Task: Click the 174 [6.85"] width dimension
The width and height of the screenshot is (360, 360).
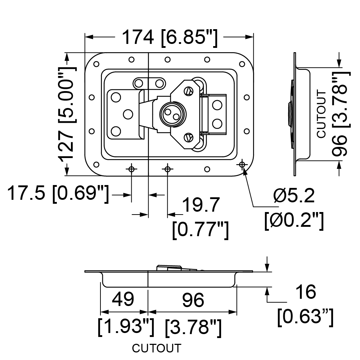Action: [169, 38]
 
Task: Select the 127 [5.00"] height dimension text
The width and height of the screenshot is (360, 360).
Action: [67, 114]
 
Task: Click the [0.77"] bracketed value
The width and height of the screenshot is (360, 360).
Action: [201, 230]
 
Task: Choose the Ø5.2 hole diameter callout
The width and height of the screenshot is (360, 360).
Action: [294, 195]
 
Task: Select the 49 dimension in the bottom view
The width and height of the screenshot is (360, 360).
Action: [123, 299]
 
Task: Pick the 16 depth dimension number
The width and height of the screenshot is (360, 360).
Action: [306, 292]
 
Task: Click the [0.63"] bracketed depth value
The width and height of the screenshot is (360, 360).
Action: [305, 317]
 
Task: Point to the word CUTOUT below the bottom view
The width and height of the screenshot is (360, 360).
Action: [157, 348]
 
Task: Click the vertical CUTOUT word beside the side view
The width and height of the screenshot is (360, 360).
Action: [321, 114]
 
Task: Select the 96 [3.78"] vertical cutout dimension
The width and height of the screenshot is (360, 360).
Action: [341, 114]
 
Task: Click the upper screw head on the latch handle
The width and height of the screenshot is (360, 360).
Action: [188, 91]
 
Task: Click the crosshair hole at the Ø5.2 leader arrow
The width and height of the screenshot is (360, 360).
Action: [242, 165]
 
